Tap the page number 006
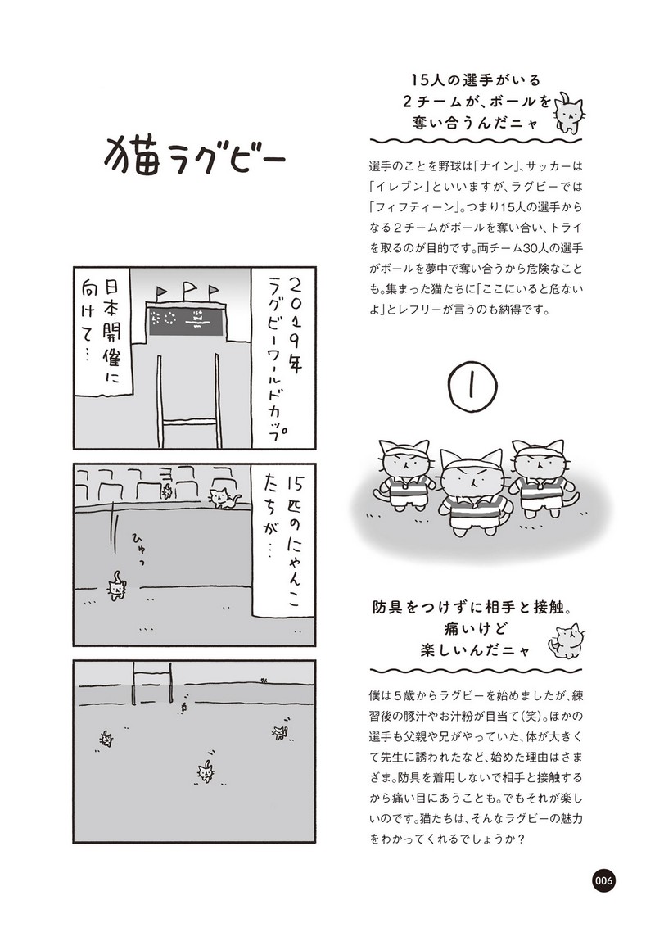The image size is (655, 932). (603, 880)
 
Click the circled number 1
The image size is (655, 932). (473, 387)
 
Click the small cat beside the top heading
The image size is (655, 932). (570, 112)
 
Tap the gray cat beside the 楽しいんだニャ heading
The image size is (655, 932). (567, 640)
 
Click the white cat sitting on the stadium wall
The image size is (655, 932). (223, 497)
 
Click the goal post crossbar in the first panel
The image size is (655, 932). (191, 423)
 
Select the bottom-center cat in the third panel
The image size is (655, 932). (206, 771)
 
